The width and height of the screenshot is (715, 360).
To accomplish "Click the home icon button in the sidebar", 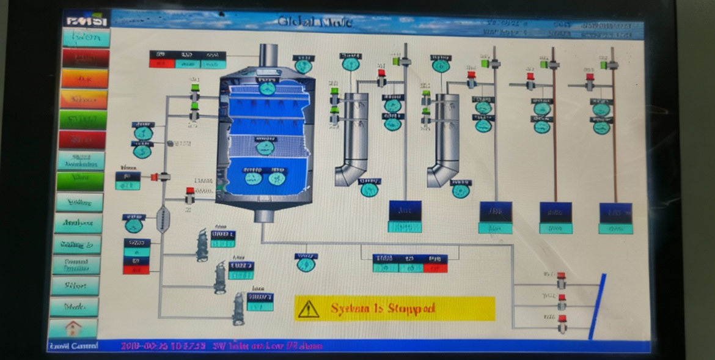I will pyautogui.click(x=73, y=328).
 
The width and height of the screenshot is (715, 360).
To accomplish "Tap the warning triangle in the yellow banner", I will pyautogui.click(x=309, y=309).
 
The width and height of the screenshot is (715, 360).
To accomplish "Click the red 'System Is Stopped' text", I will pyautogui.click(x=383, y=309).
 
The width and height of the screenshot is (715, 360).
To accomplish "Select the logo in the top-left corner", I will pyautogui.click(x=86, y=20).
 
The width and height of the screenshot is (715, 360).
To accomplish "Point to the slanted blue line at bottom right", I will pyautogui.click(x=597, y=306).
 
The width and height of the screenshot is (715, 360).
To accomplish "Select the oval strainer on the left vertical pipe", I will pyautogui.click(x=163, y=219).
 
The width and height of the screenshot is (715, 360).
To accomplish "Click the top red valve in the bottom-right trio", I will pyautogui.click(x=561, y=281).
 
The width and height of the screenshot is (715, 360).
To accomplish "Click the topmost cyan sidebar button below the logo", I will pyautogui.click(x=86, y=38).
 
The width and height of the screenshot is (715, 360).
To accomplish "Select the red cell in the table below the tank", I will pyautogui.click(x=435, y=268).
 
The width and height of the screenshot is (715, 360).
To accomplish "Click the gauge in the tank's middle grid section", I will pyautogui.click(x=265, y=147).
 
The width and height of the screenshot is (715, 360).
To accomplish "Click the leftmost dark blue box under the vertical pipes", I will pyautogui.click(x=405, y=211).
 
